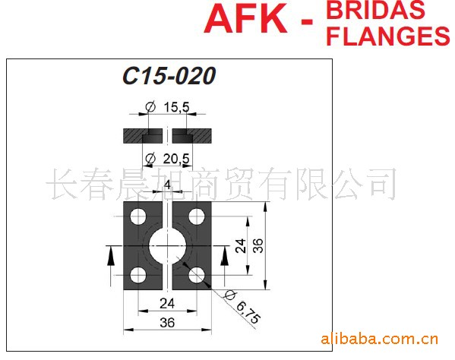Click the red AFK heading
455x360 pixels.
click(245, 19)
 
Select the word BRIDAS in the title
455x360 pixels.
click(375, 10)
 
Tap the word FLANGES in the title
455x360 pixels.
click(388, 36)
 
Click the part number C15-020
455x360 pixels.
click(169, 76)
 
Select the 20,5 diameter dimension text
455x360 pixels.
click(176, 159)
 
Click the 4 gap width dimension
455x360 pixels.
click(167, 185)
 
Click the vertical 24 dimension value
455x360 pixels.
click(241, 246)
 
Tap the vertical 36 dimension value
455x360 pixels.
click(258, 246)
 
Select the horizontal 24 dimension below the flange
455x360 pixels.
click(167, 304)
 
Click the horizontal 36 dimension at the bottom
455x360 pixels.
click(167, 323)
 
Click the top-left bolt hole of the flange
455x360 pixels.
click(138, 216)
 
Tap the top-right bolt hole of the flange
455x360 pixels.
click(197, 216)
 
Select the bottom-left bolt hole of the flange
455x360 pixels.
click(138, 275)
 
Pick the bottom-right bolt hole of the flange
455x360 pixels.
click(197, 275)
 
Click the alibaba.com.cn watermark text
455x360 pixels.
click(379, 339)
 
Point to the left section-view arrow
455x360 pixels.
click(109, 257)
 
